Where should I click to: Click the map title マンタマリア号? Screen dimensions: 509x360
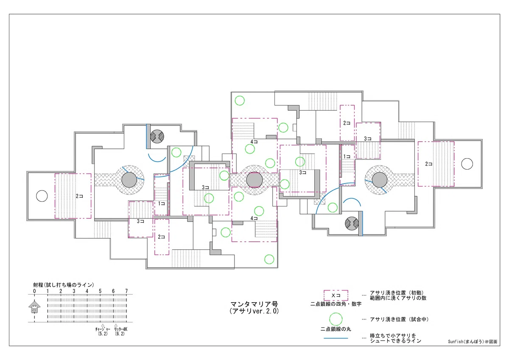coord(254,304)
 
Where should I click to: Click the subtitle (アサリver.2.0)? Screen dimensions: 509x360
coord(254,311)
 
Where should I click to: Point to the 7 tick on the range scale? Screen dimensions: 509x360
coord(126,291)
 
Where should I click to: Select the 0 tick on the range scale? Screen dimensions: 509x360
coord(34,291)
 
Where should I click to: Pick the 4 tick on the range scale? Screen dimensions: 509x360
coord(87,291)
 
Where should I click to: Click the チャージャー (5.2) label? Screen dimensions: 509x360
coord(103,332)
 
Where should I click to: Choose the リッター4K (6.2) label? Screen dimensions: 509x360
coord(120,332)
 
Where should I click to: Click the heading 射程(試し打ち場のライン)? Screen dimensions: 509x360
coord(64,285)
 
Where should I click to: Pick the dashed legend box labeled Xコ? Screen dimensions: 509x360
coord(336,295)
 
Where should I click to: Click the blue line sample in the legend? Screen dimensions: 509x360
coord(336,338)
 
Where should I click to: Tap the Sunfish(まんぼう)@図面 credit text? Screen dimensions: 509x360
coord(473,341)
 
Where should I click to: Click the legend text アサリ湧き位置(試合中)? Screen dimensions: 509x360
coord(399,319)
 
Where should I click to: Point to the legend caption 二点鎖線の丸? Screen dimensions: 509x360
coord(336,329)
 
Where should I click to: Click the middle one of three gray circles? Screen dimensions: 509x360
coord(254,180)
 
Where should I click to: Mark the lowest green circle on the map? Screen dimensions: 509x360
coord(269,259)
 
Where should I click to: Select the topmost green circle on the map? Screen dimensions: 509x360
coord(240,100)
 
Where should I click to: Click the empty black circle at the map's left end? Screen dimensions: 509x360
coord(42,196)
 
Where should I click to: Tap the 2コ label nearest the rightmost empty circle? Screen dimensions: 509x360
coord(429,164)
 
